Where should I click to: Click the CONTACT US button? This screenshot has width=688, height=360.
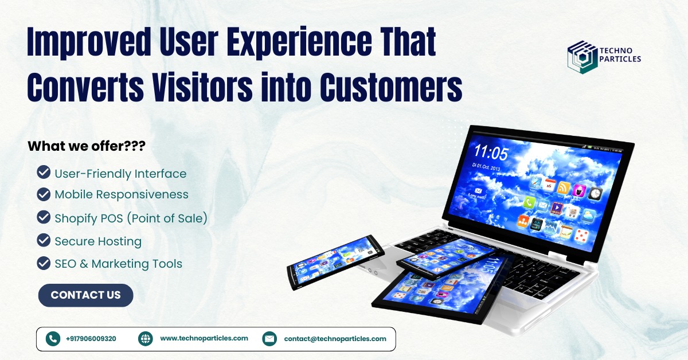pyautogui.click(x=85, y=295)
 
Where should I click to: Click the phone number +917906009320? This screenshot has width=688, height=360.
pyautogui.click(x=91, y=339)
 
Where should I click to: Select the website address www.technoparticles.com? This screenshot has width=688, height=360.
pyautogui.click(x=204, y=339)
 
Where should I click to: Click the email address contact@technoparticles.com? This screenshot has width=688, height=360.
pyautogui.click(x=335, y=339)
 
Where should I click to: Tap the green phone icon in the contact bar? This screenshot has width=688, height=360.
pyautogui.click(x=53, y=339)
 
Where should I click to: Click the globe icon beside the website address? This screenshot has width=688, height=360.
pyautogui.click(x=146, y=339)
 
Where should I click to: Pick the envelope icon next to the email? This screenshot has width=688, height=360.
pyautogui.click(x=269, y=339)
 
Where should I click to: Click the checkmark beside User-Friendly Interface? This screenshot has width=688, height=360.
pyautogui.click(x=43, y=173)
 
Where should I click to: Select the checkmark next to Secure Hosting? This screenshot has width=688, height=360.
pyautogui.click(x=43, y=240)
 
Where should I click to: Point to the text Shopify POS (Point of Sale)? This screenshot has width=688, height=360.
pyautogui.click(x=131, y=218)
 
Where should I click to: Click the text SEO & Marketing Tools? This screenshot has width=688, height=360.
pyautogui.click(x=118, y=264)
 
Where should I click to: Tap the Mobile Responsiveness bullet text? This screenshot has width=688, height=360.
pyautogui.click(x=121, y=194)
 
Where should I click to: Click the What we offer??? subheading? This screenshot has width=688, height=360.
pyautogui.click(x=86, y=146)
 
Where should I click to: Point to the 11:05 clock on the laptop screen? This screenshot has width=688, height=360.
pyautogui.click(x=490, y=152)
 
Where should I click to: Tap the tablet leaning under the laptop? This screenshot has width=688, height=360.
pyautogui.click(x=436, y=292)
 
